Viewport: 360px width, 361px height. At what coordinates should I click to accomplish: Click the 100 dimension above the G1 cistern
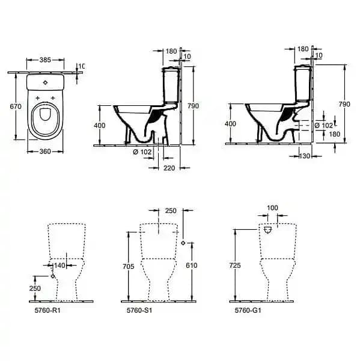[273, 208]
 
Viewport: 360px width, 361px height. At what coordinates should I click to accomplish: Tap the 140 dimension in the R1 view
[59, 265]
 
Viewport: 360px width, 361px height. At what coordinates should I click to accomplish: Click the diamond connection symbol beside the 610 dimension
[183, 243]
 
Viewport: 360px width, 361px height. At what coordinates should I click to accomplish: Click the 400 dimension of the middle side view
[107, 125]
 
